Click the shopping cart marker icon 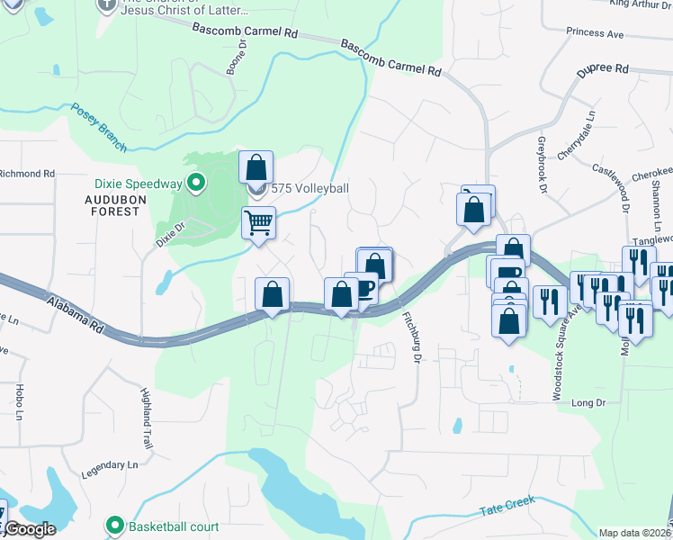258,220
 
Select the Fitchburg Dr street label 413,334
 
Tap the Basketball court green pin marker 114,526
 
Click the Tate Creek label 507,506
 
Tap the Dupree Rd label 601,68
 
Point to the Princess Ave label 595,33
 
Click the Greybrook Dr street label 542,165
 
